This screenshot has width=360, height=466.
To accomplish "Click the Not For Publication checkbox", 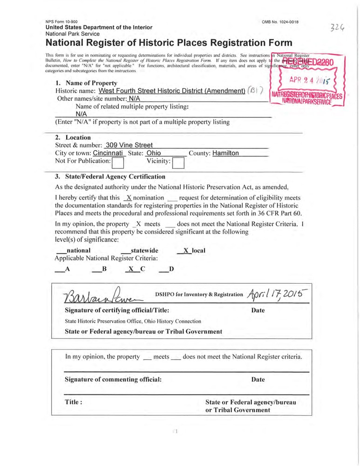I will coord(118,162).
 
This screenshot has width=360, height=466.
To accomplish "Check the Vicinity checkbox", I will coord(178,162).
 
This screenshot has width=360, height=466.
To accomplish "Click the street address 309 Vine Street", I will coord(129,145).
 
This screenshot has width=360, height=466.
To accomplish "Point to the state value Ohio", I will coord(153,153).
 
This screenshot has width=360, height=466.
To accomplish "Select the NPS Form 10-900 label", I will coord(61,22).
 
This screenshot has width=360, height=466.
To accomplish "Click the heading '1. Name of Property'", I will coord(86,83).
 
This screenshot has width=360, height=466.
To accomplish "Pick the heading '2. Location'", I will coord(73,137).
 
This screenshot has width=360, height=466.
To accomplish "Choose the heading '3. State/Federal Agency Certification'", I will coord(110,177).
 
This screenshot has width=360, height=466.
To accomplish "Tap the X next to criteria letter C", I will coord(131,269).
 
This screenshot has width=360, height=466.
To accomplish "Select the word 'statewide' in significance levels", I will coord(144,251).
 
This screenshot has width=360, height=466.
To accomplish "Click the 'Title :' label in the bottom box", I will coord(74,402).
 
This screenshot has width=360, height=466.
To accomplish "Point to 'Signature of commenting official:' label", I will coord(113,379).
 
